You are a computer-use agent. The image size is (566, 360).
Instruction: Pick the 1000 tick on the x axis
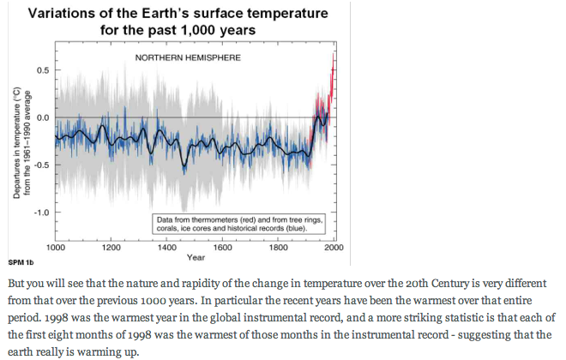56,247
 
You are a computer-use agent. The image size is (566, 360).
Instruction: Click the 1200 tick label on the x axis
111,247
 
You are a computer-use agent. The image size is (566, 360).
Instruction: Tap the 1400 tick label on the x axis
167,247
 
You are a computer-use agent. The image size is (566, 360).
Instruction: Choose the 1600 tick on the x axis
223,247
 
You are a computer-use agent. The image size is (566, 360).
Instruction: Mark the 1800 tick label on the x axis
279,247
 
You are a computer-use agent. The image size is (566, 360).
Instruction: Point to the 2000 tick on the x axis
334,247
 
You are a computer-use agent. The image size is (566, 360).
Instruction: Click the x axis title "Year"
196,257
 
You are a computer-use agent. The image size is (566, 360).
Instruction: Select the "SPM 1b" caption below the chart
21,261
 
